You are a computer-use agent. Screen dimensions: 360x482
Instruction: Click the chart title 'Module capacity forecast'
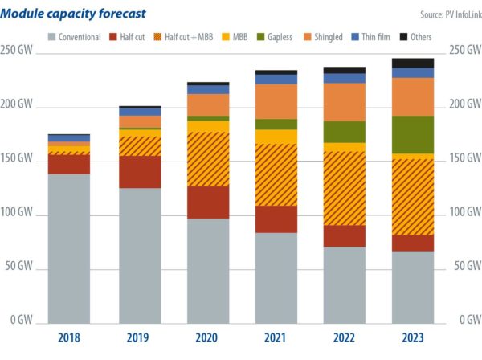73,13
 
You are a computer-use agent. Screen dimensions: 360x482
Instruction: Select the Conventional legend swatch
52,36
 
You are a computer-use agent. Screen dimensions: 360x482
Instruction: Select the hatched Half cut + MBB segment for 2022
345,188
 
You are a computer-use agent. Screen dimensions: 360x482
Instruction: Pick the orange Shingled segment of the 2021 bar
276,101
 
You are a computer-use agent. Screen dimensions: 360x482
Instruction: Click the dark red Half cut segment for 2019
138,172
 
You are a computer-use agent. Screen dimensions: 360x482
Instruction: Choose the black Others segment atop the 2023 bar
413,63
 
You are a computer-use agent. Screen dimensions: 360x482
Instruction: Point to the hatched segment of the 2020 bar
206,159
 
